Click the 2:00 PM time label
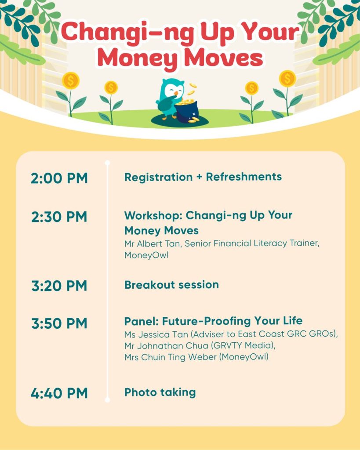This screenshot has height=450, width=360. [x=59, y=178]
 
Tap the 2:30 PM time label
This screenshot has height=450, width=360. [x=59, y=217]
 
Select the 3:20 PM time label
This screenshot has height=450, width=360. [x=59, y=286]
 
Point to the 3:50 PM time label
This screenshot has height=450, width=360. [x=59, y=323]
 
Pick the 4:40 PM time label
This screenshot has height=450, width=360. [x=59, y=393]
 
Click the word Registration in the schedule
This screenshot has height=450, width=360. [x=159, y=178]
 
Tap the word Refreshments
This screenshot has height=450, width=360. [x=244, y=177]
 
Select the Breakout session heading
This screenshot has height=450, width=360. [x=172, y=285]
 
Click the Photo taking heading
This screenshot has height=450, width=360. [x=160, y=392]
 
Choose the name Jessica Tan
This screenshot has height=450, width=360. [x=164, y=334]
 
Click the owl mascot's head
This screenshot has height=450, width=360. [x=172, y=90]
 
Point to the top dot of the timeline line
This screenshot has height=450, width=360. [x=107, y=163]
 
